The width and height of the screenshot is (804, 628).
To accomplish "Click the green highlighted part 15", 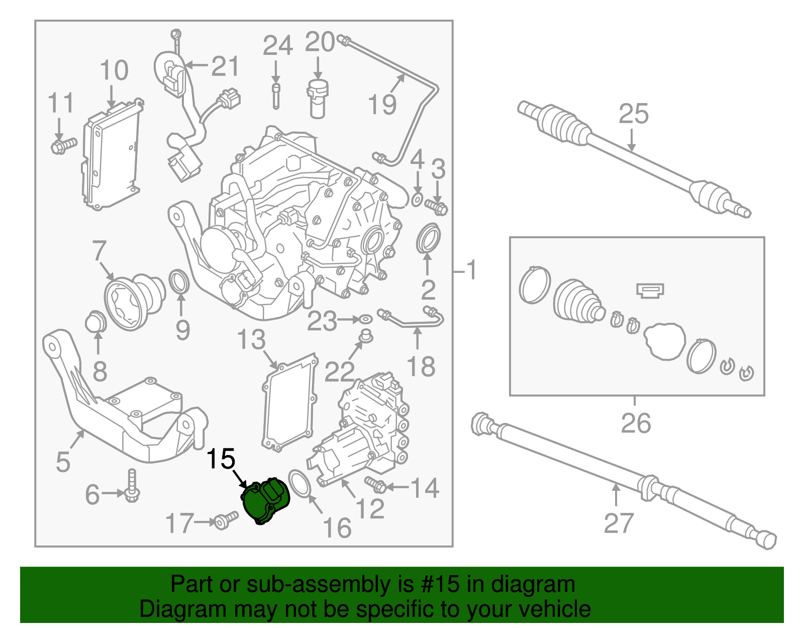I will click(265, 501).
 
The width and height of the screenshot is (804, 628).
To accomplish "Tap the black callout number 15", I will click(221, 459).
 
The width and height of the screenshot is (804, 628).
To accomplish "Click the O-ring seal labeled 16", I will click(300, 483).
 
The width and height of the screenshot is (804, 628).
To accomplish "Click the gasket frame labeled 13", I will click(289, 402).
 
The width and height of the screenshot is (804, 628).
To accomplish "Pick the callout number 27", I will click(618, 523).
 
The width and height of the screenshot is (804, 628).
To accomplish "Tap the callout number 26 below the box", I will click(636, 423).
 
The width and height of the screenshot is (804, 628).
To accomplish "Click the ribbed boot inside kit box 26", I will click(578, 301).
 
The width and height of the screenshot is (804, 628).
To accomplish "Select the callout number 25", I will click(633, 114).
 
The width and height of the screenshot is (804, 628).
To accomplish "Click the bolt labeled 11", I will click(63, 146).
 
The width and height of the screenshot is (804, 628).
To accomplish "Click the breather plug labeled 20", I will click(317, 98).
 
